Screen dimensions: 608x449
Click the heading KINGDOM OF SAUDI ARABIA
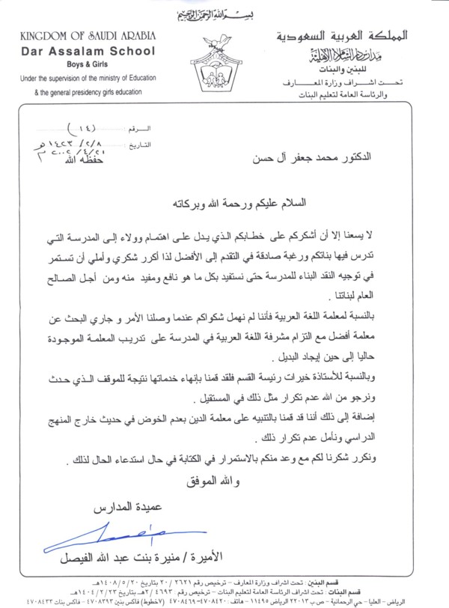(x=76, y=37)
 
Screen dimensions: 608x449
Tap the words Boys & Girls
(x=77, y=64)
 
